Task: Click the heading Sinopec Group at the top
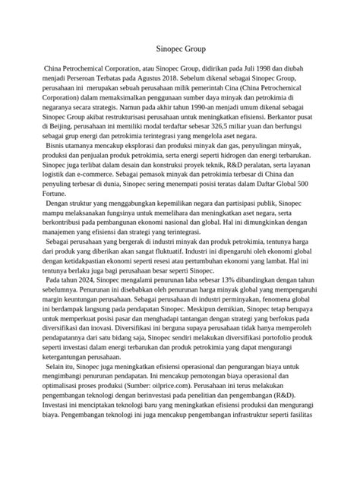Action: click(180, 50)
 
